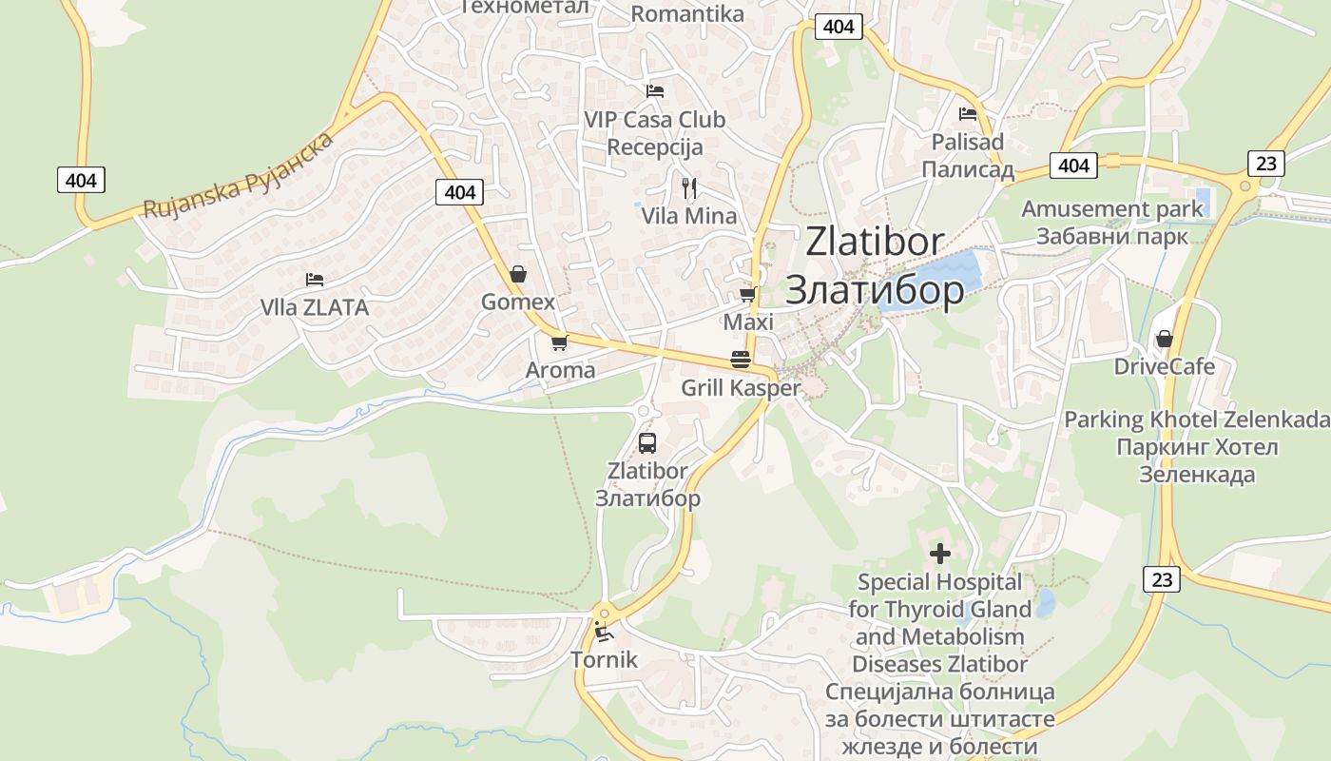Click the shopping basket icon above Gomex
518,274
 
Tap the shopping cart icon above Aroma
559,342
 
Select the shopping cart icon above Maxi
748,295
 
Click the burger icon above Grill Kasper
741,360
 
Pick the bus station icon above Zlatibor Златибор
647,442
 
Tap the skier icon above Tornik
603,631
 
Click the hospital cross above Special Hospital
940,553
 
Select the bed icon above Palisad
968,114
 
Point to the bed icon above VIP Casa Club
654,91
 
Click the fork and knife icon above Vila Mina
689,187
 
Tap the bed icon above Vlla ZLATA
315,280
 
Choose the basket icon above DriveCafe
1164,339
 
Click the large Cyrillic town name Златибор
875,289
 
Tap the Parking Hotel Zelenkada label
1197,420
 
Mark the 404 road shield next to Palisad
1073,166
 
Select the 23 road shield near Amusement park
1265,163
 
